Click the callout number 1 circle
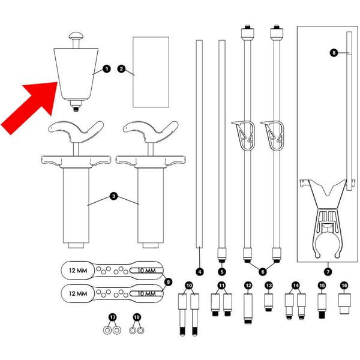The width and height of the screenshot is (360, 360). (x=107, y=69)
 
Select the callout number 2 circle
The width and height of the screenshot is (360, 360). (x=121, y=69)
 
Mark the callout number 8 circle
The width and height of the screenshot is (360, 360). (x=334, y=53)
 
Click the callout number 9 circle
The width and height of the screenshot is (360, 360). (x=169, y=281)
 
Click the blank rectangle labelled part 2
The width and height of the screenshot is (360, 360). (x=150, y=70)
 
